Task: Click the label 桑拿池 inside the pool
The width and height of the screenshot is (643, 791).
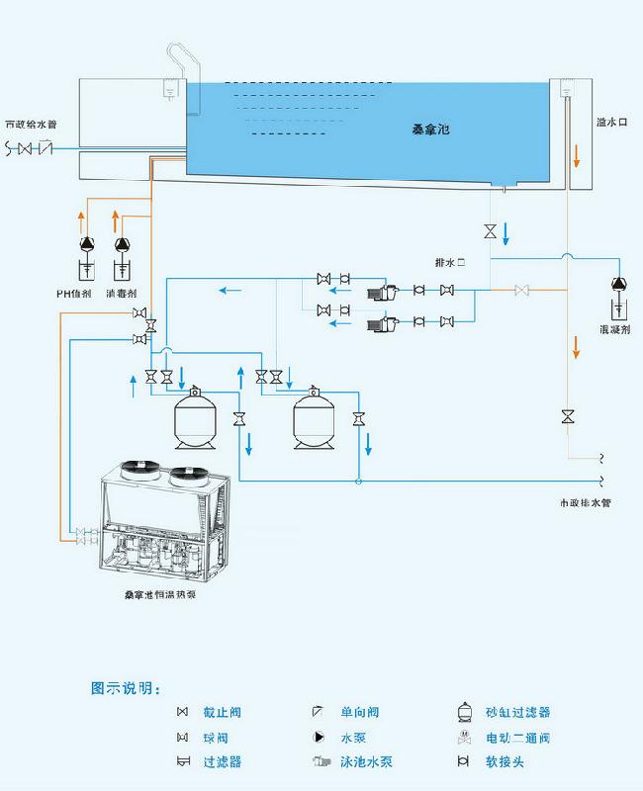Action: click(432, 130)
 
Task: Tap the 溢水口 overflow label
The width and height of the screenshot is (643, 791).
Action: click(610, 123)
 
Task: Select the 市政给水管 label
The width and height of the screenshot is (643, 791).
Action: click(31, 126)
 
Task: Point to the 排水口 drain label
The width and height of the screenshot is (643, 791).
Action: click(449, 263)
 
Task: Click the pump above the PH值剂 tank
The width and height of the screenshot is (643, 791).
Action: click(86, 244)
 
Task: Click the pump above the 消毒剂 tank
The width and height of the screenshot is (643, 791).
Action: click(122, 244)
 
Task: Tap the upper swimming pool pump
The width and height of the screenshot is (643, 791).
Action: click(381, 292)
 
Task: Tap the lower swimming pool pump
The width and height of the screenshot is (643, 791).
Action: click(381, 322)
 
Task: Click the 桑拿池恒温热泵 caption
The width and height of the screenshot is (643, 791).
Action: click(159, 595)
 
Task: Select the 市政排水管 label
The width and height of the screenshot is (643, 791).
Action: click(585, 502)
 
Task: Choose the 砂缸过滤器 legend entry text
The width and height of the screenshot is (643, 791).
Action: click(517, 712)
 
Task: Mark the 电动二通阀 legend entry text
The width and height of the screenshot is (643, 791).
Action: click(517, 738)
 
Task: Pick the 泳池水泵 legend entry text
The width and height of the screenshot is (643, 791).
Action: click(367, 762)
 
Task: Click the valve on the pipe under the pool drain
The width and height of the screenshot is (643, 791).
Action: click(490, 230)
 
